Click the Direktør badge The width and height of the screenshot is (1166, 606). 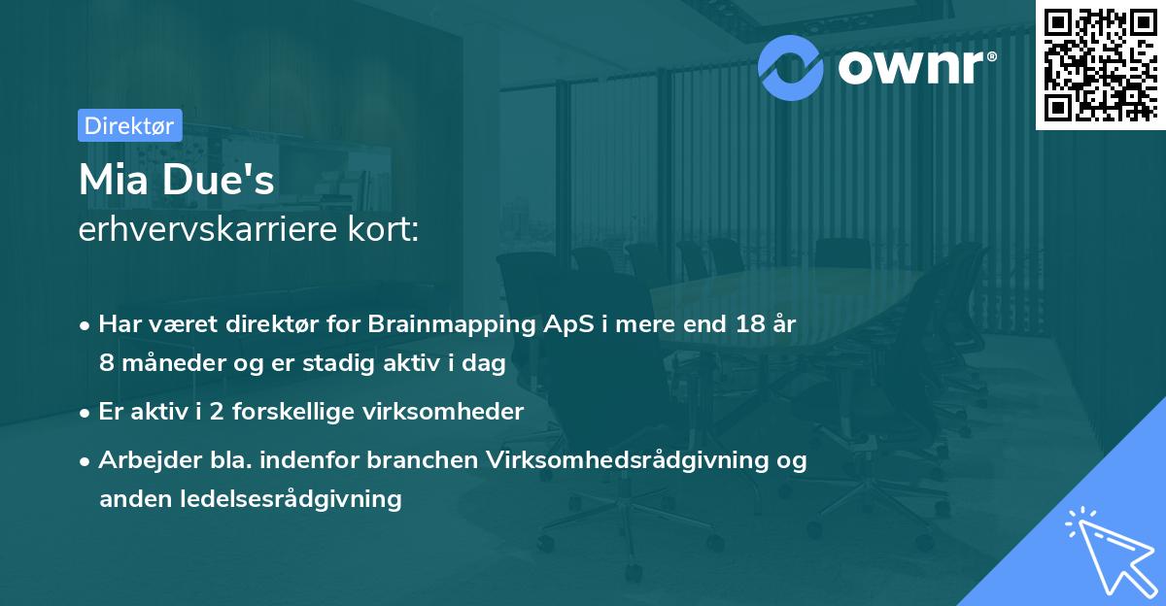(129, 125)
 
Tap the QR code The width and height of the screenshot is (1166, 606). (1099, 64)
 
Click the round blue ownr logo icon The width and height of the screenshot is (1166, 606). (791, 66)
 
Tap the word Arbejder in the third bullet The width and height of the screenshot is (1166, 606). (142, 460)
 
